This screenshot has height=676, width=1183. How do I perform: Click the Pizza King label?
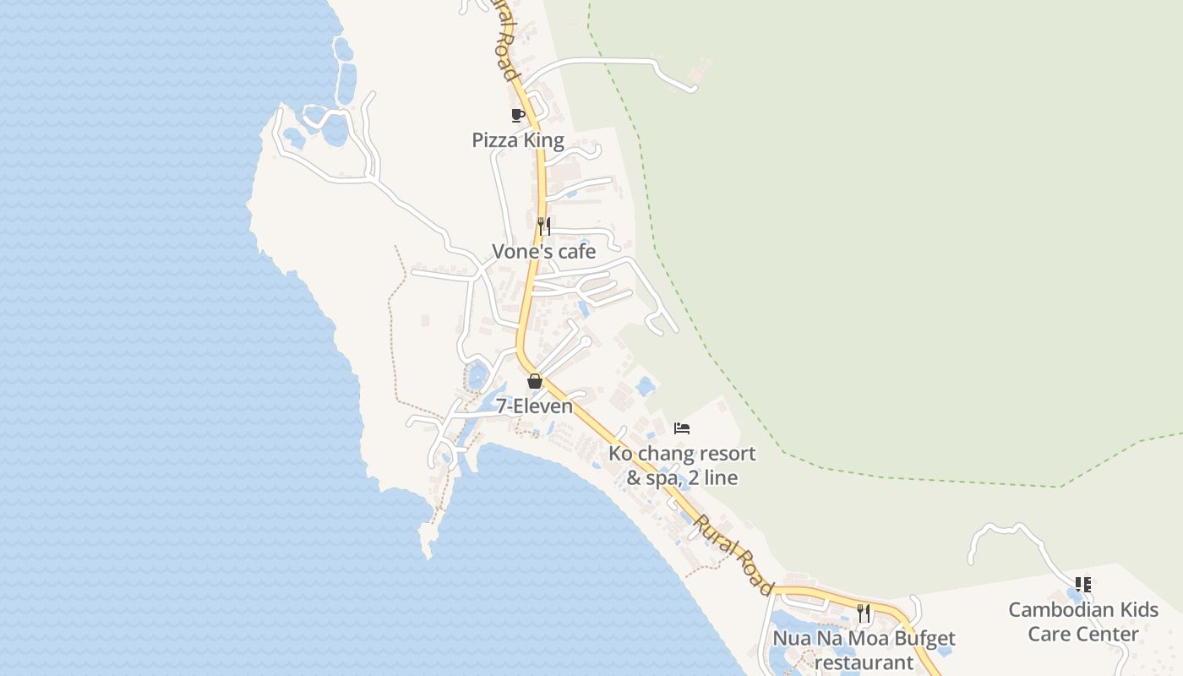518,140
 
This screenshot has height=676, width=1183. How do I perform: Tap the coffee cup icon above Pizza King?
518,115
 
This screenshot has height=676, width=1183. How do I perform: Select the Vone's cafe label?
544,252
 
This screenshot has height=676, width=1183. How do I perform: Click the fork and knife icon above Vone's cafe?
544,226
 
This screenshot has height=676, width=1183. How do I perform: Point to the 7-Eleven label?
534,406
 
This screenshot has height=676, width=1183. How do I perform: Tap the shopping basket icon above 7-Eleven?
534,381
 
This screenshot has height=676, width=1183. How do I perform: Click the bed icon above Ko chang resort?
682,428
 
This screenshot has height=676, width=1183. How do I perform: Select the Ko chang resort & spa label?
682,466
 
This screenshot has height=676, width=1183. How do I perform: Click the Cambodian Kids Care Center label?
1083,622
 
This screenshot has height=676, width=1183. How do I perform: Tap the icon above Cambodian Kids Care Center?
1083,584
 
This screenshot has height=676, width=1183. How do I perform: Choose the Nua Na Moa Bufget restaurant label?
864,651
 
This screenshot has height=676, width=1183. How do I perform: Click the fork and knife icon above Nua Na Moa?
864,613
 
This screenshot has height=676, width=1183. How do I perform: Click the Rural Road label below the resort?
733,554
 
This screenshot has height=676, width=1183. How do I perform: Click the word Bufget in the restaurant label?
928,639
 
